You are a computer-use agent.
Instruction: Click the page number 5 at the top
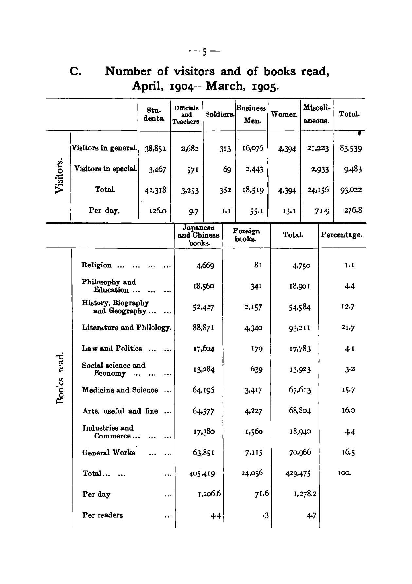tap(205, 52)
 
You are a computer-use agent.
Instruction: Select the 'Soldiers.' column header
tap(219, 114)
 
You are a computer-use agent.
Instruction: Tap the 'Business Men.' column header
tap(251, 114)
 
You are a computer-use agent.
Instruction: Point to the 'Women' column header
tap(284, 115)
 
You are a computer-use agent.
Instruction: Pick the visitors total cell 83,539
tap(350, 149)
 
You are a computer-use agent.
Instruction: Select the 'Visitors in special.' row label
tap(105, 169)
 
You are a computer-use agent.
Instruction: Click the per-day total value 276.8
tap(353, 210)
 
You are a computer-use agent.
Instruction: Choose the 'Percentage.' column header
tap(342, 235)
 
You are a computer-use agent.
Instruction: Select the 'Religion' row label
tap(97, 265)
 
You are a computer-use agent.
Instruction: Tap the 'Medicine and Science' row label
tap(120, 390)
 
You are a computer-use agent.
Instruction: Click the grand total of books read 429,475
tap(297, 473)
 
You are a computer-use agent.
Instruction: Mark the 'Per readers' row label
tap(103, 515)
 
